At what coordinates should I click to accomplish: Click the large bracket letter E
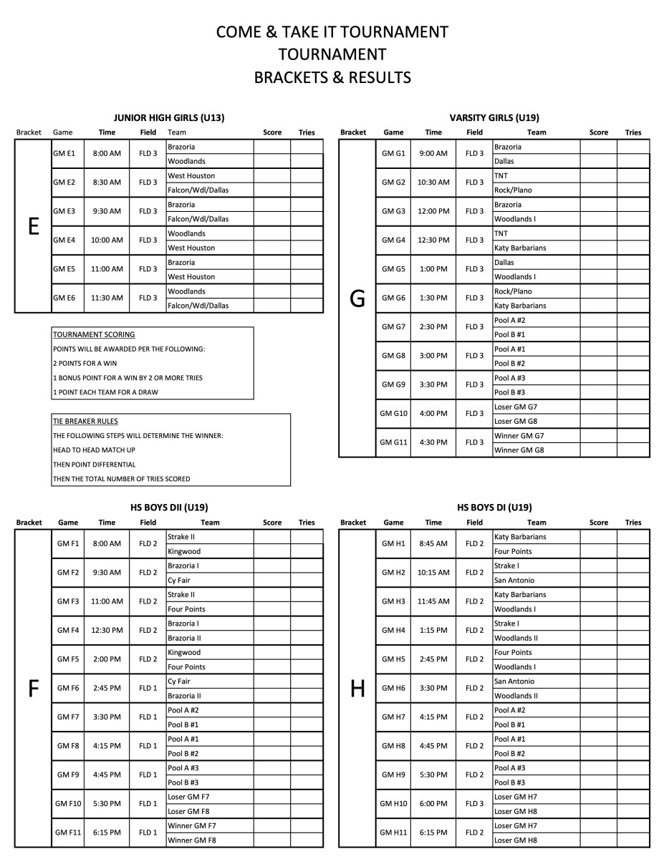(x=33, y=226)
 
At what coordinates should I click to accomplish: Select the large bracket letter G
(x=357, y=299)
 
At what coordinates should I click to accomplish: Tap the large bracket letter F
(x=33, y=689)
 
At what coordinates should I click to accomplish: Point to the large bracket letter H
(x=357, y=689)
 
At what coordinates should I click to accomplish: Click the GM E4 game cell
(x=64, y=241)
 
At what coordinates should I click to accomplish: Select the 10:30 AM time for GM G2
(x=433, y=183)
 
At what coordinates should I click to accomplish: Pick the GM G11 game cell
(x=394, y=442)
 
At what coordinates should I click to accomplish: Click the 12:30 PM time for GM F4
(x=107, y=631)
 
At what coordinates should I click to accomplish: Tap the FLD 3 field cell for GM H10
(x=474, y=804)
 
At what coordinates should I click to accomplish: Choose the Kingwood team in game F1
(x=184, y=552)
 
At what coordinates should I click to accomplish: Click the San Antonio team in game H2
(x=514, y=581)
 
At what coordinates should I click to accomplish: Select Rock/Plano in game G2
(x=513, y=190)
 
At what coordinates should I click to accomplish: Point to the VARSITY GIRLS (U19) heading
(x=494, y=117)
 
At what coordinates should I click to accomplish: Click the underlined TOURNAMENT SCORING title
(x=94, y=334)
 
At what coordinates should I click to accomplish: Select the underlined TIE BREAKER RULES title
(x=85, y=422)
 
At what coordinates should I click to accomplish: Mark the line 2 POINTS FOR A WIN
(x=85, y=364)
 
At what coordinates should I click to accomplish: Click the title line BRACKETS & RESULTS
(x=332, y=77)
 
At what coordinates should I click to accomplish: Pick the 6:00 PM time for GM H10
(x=433, y=804)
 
